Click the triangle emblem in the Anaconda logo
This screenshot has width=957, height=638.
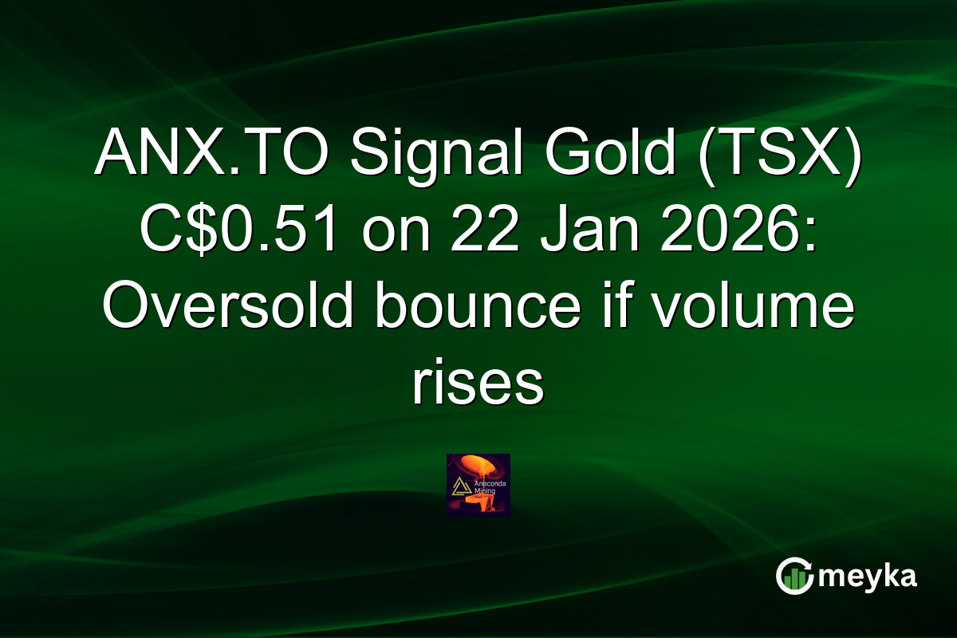(460, 486)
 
